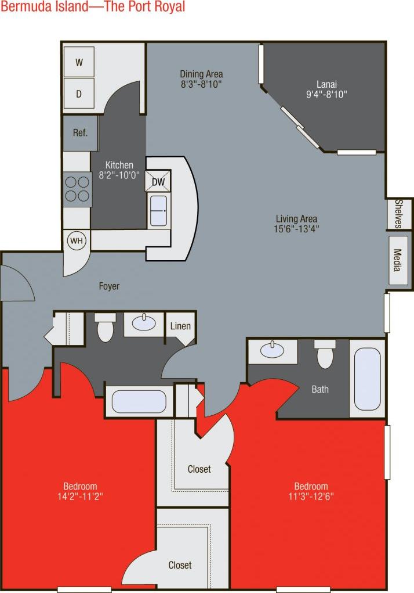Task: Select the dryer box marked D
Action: (79, 93)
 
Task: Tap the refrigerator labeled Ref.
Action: (80, 133)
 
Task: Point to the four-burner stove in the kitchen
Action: (77, 189)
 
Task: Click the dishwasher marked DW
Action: (158, 182)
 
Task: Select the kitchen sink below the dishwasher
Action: (158, 210)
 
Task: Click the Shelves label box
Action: (400, 214)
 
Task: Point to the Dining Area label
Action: (201, 74)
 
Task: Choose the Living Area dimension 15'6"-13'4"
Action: (296, 228)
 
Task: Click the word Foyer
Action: (109, 286)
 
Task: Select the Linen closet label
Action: (180, 326)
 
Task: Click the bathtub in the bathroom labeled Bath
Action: (367, 378)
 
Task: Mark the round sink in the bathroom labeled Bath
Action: (272, 350)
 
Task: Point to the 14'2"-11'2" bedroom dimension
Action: (81, 496)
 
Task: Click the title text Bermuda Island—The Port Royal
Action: (93, 7)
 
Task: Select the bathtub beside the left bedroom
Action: (139, 401)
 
